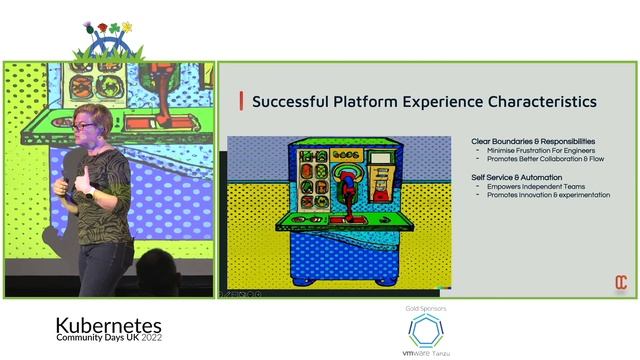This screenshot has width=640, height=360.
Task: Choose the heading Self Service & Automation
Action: tap(521, 177)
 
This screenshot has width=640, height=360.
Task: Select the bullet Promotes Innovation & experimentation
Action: tap(548, 195)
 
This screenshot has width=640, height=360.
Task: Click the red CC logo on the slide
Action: tap(620, 283)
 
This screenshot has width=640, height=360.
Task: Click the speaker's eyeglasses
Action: tap(83, 126)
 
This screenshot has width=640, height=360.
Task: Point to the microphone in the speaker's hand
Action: tap(67, 185)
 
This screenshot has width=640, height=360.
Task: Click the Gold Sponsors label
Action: tap(426, 309)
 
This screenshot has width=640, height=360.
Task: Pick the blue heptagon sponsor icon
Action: tap(426, 331)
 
